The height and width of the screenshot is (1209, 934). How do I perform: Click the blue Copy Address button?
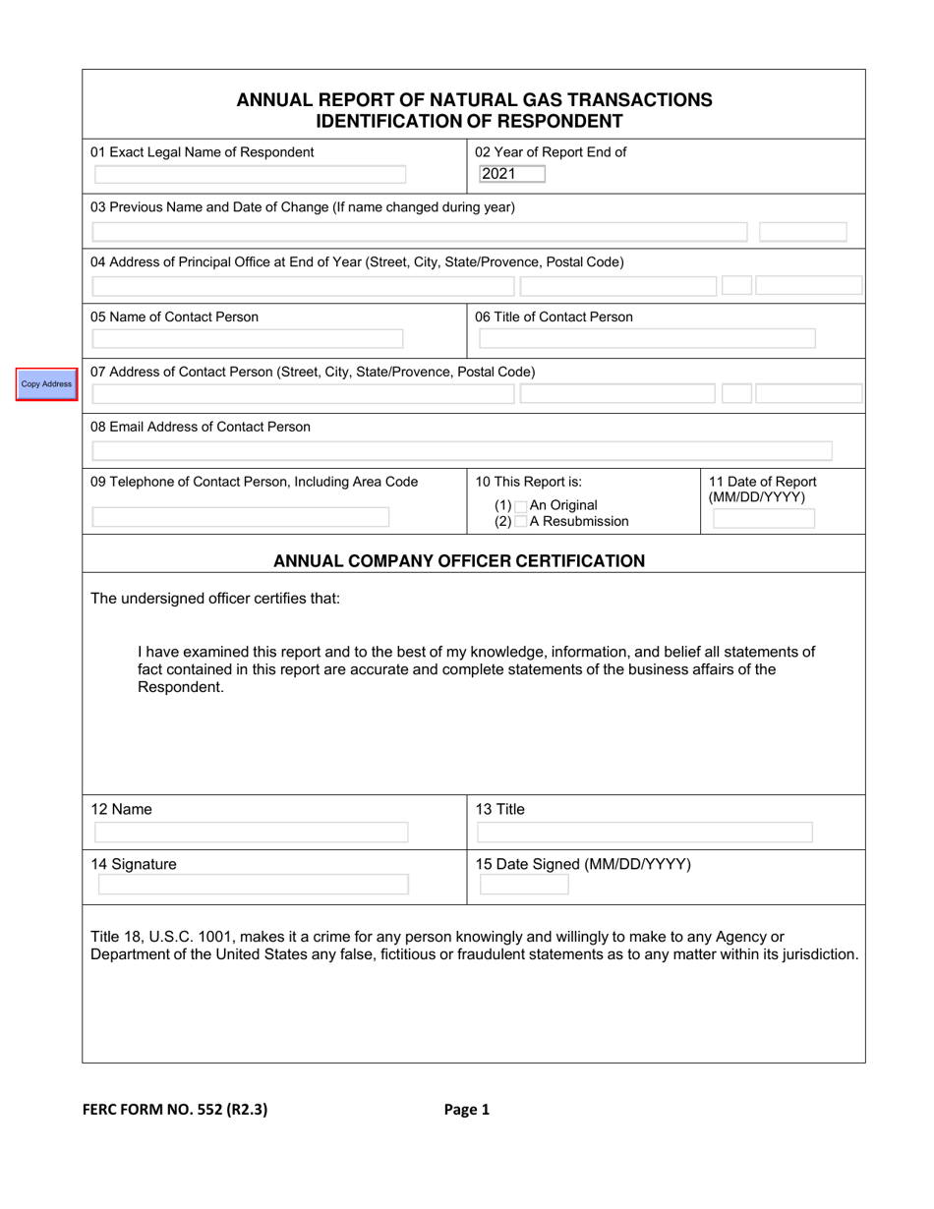click(46, 383)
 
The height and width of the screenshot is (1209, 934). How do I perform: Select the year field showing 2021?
click(497, 174)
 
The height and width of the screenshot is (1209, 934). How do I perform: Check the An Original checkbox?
click(521, 505)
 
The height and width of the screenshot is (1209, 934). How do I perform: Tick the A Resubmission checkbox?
click(521, 522)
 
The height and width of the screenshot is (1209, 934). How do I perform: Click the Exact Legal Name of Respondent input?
click(249, 175)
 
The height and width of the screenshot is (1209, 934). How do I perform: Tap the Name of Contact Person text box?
click(248, 339)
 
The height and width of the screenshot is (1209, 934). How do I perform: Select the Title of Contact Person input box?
click(647, 339)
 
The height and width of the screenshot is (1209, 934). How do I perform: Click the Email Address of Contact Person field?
click(462, 451)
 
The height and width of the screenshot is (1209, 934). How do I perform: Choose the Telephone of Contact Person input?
click(241, 517)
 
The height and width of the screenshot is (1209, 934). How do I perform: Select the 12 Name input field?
click(251, 833)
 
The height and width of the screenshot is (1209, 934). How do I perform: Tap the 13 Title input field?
click(645, 833)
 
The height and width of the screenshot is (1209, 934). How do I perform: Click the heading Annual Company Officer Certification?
click(459, 561)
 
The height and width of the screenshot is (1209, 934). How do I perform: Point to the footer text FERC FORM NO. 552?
click(174, 1110)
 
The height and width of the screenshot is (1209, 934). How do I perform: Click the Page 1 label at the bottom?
click(466, 1110)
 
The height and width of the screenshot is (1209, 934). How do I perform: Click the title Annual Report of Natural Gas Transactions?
click(475, 99)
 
